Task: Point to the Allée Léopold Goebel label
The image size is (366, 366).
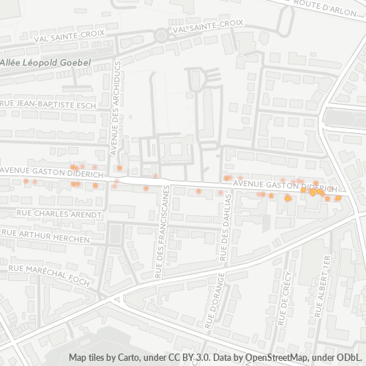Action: pos(45,63)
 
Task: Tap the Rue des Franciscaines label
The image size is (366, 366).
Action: pos(160,233)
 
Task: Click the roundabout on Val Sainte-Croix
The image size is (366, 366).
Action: pos(160,34)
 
